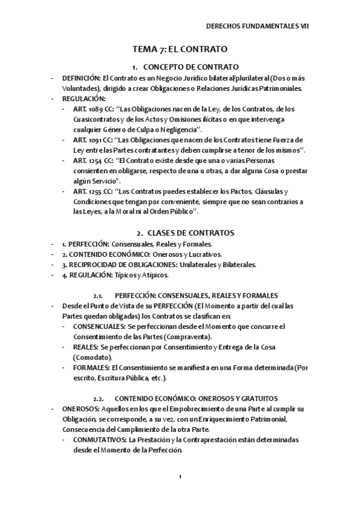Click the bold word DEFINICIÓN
tap(81, 78)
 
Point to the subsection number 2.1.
tap(99, 295)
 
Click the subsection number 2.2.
tap(99, 398)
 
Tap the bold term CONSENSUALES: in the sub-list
tap(99, 326)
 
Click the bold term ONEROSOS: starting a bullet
tap(80, 408)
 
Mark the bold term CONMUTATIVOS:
tap(100, 440)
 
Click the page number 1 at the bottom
tap(180, 477)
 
